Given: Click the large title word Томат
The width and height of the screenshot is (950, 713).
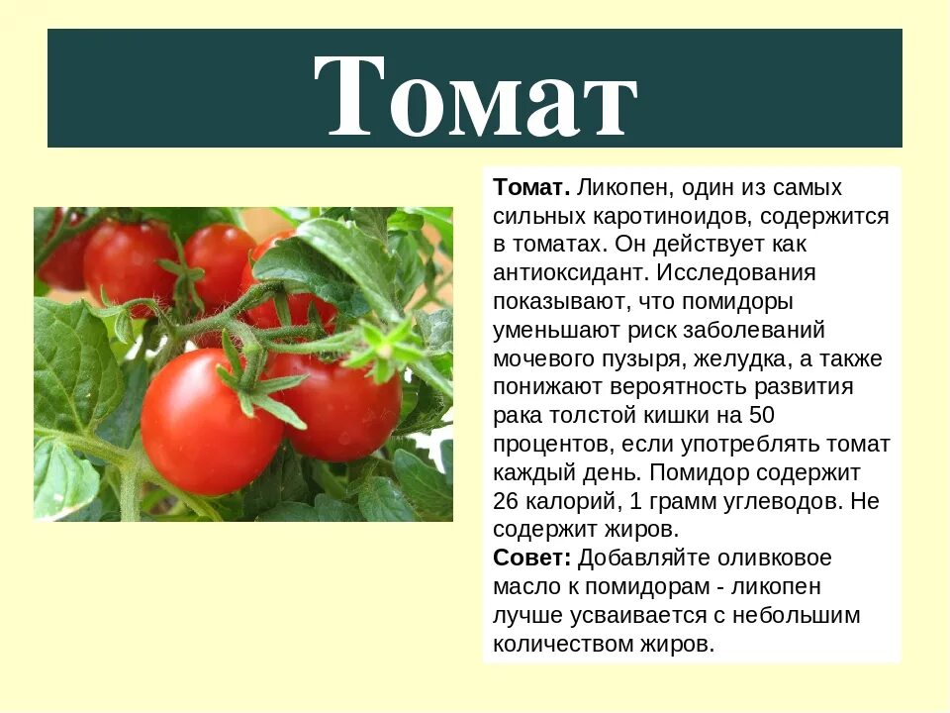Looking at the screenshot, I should (x=475, y=94).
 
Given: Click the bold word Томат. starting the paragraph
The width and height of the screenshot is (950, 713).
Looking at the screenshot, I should (x=531, y=188).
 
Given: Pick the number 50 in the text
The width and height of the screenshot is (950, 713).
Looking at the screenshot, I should (x=762, y=415).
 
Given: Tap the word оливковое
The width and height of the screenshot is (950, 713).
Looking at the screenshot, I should (x=779, y=558).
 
